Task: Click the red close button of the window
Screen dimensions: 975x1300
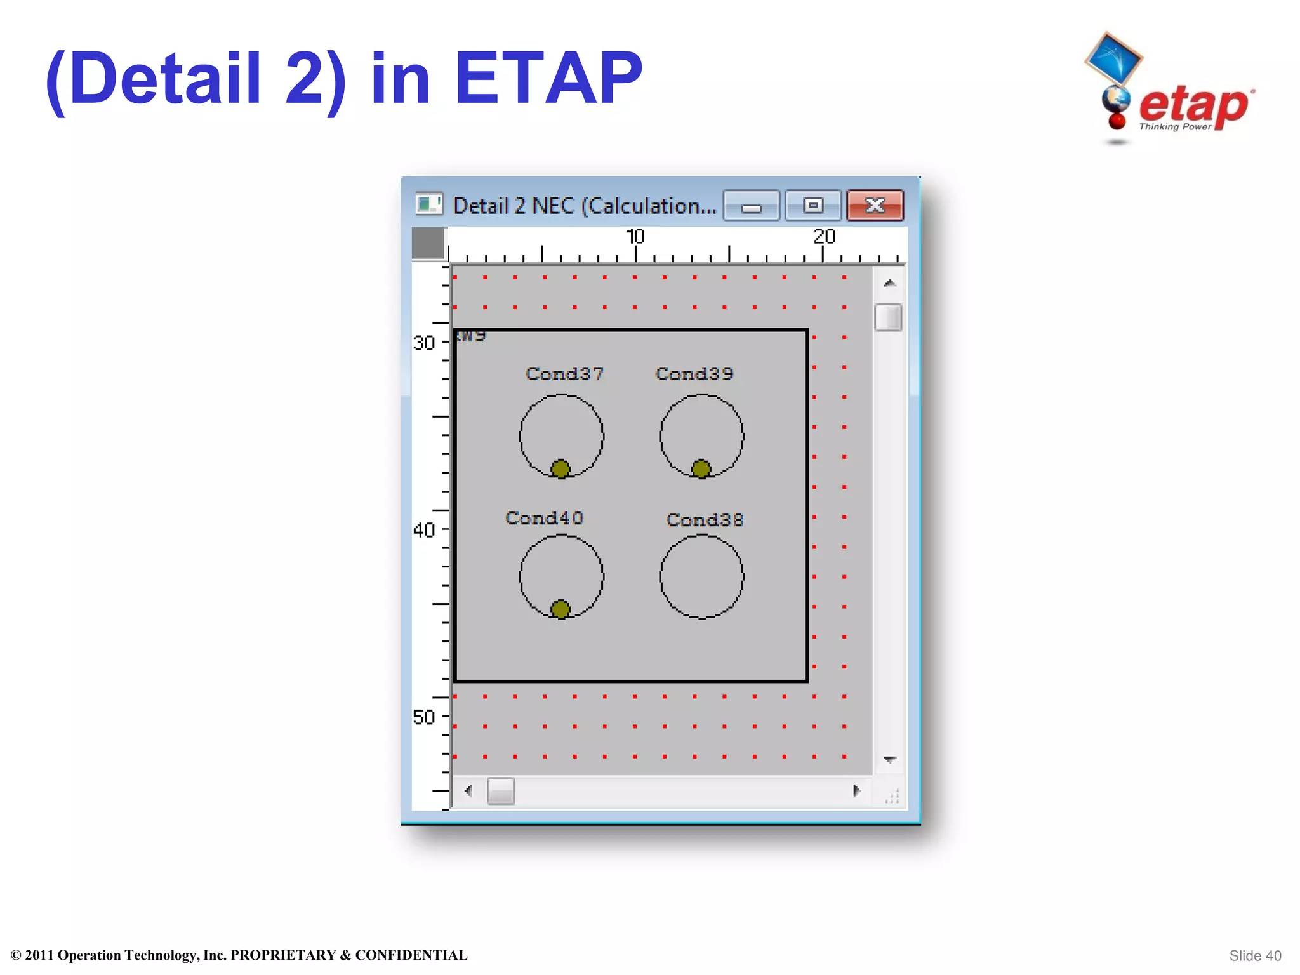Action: click(875, 206)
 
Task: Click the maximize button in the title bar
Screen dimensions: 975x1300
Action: click(813, 206)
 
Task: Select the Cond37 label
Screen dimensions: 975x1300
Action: click(564, 374)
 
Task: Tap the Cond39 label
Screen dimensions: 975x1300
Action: click(694, 374)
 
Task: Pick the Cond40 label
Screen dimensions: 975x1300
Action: click(544, 518)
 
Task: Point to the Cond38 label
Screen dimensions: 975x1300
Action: click(705, 520)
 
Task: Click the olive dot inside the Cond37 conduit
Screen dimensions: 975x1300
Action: click(560, 469)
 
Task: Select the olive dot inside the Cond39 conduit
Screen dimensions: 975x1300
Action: click(701, 469)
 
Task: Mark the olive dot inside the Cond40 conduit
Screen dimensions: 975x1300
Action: click(560, 609)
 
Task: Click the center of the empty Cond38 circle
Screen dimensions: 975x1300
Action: click(701, 576)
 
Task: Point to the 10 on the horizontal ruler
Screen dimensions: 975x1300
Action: click(635, 237)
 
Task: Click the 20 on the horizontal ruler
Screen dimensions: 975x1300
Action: click(824, 237)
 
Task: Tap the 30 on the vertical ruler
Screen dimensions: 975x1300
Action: click(424, 343)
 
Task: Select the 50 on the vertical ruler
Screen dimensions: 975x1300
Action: click(424, 717)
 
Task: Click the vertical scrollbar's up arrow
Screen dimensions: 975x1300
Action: click(889, 283)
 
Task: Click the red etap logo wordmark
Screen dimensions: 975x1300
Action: click(1193, 105)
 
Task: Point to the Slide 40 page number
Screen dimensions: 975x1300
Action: click(1255, 956)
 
